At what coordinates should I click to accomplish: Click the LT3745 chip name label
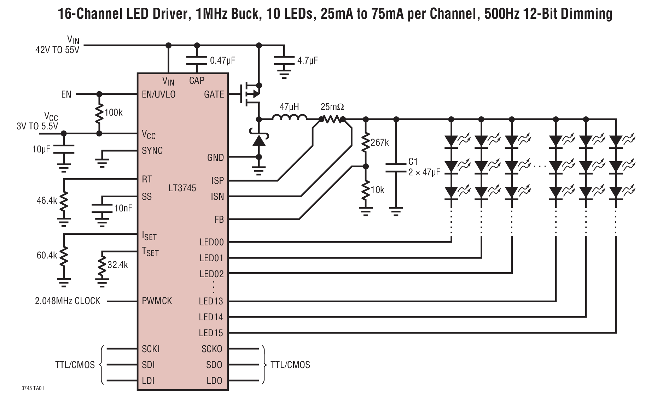pos(182,188)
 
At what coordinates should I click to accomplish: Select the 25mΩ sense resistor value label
pos(332,107)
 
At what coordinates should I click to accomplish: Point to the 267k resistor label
pos(379,142)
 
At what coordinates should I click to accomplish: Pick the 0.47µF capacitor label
pos(222,60)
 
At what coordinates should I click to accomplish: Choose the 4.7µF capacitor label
pos(307,60)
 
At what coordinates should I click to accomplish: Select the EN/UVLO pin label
pos(158,94)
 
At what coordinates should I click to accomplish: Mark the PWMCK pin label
pos(157,301)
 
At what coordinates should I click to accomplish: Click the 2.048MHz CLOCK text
pos(68,301)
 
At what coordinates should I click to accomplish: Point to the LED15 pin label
pos(211,333)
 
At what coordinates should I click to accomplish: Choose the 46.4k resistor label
pos(47,200)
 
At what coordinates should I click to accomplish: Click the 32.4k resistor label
pos(118,264)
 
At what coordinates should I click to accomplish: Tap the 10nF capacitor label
pos(123,208)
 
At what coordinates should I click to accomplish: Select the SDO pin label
pos(214,365)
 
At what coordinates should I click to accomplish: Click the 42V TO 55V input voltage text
pos(57,50)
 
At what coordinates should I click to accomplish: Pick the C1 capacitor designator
pos(413,162)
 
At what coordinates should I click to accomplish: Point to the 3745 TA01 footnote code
pos(33,388)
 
